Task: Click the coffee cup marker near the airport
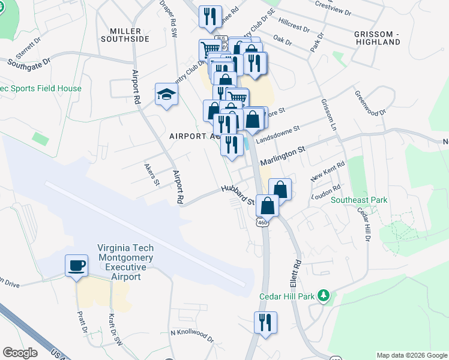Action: coord(76,266)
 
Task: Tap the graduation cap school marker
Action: coord(166,94)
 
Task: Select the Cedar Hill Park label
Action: coord(287,296)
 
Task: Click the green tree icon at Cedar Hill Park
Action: coord(324,295)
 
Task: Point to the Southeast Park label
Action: coord(359,200)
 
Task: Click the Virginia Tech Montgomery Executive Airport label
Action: coord(125,262)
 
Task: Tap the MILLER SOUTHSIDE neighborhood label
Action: coord(130,35)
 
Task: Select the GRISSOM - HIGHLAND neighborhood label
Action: coord(377,38)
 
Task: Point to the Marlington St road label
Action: coord(282,155)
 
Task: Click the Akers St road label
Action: coord(152,173)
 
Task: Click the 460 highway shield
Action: coord(262,223)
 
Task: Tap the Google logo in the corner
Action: coord(21,353)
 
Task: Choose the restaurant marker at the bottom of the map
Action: coord(264,323)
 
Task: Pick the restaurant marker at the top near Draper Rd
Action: coord(210,17)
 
